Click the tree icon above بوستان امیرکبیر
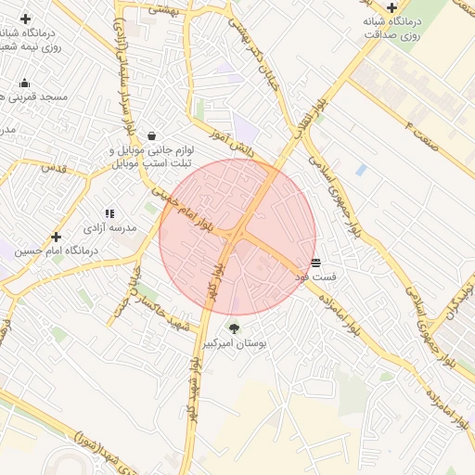click(234, 328)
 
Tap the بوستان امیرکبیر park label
click(235, 343)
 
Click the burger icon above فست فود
click(316, 263)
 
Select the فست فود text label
click(315, 276)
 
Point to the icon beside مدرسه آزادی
click(110, 214)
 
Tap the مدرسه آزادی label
click(110, 227)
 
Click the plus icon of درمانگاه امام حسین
click(56, 237)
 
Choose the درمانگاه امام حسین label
click(56, 250)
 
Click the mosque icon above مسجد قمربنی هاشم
click(24, 83)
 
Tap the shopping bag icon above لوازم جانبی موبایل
click(150, 135)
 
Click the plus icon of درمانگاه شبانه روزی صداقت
click(393, 8)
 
